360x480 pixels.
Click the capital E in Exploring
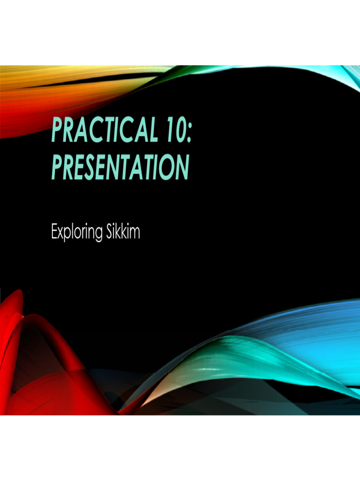54,232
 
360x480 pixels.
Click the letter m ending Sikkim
135,232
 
